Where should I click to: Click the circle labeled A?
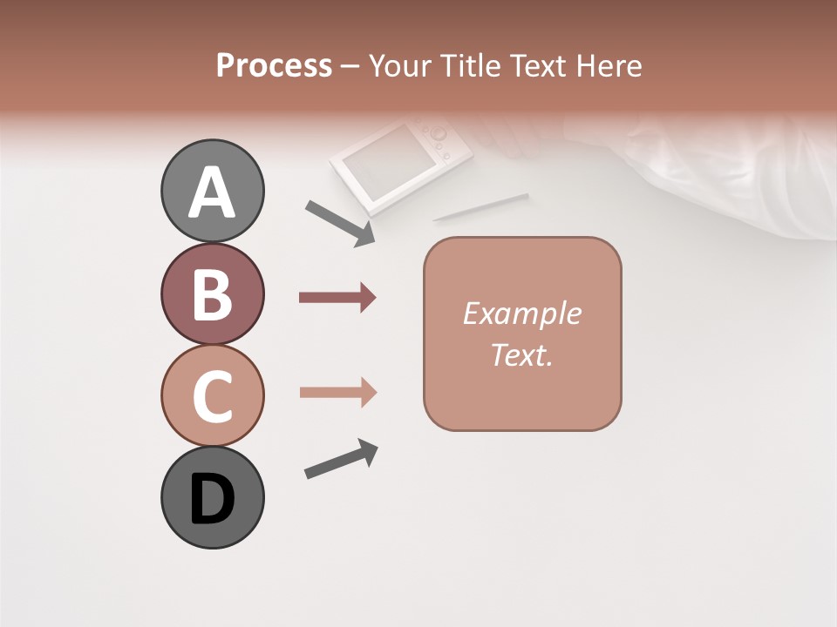[x=212, y=191]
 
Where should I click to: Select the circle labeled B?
[x=212, y=293]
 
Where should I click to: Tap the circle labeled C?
[x=212, y=395]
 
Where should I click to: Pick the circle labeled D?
[x=212, y=497]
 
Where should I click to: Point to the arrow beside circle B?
[x=337, y=298]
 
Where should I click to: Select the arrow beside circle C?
[x=337, y=392]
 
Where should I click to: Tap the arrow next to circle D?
[x=341, y=459]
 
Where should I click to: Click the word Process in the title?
[x=274, y=66]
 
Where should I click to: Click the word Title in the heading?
[x=470, y=66]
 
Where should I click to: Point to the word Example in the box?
[x=521, y=313]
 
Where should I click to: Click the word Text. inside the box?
[x=521, y=354]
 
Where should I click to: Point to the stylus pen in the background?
[x=480, y=207]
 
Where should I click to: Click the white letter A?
[x=212, y=192]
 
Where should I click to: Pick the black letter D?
[x=212, y=499]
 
